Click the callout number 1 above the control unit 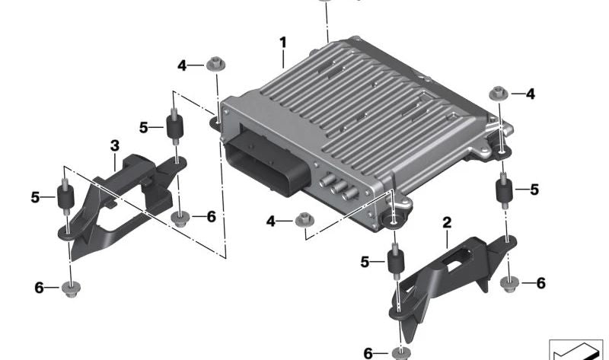[x=283, y=43]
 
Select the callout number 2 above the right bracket [x=447, y=222]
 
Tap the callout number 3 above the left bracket [x=115, y=146]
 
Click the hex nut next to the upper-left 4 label [x=215, y=64]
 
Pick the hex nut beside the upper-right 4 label [x=499, y=93]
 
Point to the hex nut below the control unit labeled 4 [x=305, y=220]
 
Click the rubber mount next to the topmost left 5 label [x=175, y=126]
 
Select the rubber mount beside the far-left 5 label [x=66, y=197]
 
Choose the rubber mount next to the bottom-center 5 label [x=396, y=261]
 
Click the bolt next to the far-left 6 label [x=71, y=289]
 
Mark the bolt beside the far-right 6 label [x=510, y=284]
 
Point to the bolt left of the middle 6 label [x=180, y=219]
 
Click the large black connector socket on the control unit [x=268, y=162]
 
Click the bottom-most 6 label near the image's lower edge [x=368, y=353]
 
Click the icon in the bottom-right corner [x=576, y=349]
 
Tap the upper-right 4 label [x=530, y=94]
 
